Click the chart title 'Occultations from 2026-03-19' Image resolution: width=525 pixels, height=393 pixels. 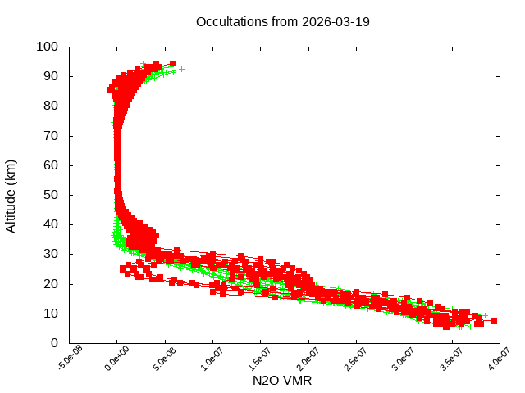282,22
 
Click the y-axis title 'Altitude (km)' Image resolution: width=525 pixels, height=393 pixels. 11,196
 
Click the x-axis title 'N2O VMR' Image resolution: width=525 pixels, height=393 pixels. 282,381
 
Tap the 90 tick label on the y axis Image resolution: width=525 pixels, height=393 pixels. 50,76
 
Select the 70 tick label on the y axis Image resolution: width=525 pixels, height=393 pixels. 50,135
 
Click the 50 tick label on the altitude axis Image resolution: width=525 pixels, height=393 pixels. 50,195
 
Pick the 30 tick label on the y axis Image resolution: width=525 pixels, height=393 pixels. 50,254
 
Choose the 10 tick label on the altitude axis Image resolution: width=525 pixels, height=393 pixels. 50,313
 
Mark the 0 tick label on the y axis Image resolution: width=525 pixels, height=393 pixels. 53,342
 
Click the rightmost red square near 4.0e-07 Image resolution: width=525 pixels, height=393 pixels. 494,322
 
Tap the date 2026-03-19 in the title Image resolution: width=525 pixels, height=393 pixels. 336,22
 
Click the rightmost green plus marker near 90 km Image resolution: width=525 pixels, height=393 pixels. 182,69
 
